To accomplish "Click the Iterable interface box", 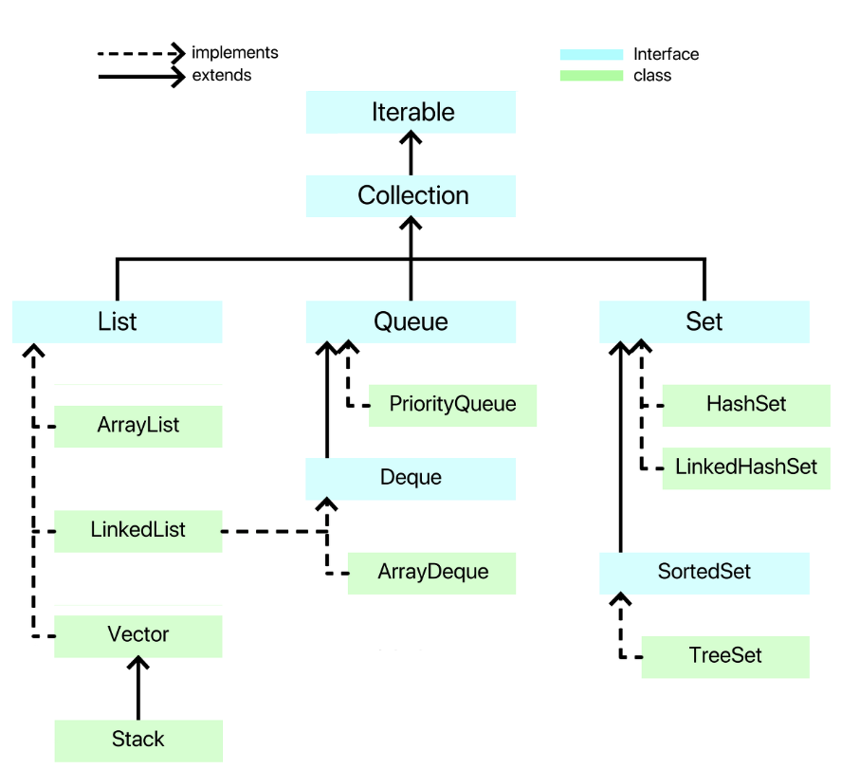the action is (x=411, y=112).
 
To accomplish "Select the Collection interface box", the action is (x=411, y=195).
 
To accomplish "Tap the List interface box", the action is (x=117, y=321).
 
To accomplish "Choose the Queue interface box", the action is (x=411, y=321).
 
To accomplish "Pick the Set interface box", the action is (x=704, y=321).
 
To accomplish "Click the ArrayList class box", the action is (x=138, y=427).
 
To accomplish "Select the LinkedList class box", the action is (x=138, y=531).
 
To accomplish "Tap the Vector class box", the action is (x=138, y=636).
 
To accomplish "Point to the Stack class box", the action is (x=138, y=741).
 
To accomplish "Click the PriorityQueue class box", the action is (x=452, y=406).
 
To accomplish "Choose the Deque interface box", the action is (x=411, y=479).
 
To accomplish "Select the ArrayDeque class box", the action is (x=431, y=574).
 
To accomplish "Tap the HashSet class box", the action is (x=746, y=406).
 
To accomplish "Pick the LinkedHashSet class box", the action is (x=746, y=468).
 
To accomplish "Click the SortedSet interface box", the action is (x=704, y=574).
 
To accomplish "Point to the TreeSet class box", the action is (x=725, y=657).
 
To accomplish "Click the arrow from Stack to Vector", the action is (x=138, y=688).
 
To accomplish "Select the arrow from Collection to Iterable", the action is (x=411, y=154).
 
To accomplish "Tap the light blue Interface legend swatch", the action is (x=592, y=54).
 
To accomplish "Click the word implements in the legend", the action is (x=235, y=52).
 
